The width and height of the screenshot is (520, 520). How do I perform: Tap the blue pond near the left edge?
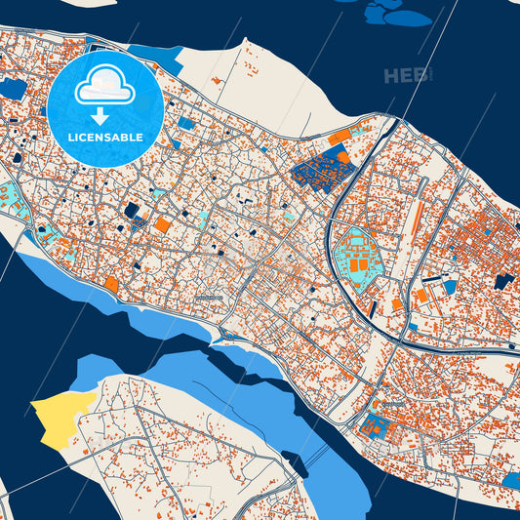click(13, 89)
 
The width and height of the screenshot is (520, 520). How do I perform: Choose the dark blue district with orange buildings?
click(321, 168)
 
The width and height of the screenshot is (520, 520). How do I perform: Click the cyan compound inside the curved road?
click(355, 251)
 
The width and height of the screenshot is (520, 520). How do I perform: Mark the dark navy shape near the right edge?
click(503, 281)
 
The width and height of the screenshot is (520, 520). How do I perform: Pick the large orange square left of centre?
click(161, 225)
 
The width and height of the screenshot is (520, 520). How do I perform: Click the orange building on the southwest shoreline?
click(111, 284)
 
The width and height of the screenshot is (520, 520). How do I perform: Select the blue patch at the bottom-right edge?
click(510, 480)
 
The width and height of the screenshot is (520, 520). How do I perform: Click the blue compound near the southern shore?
click(374, 425)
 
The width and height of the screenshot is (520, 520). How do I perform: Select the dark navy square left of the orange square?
click(132, 209)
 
